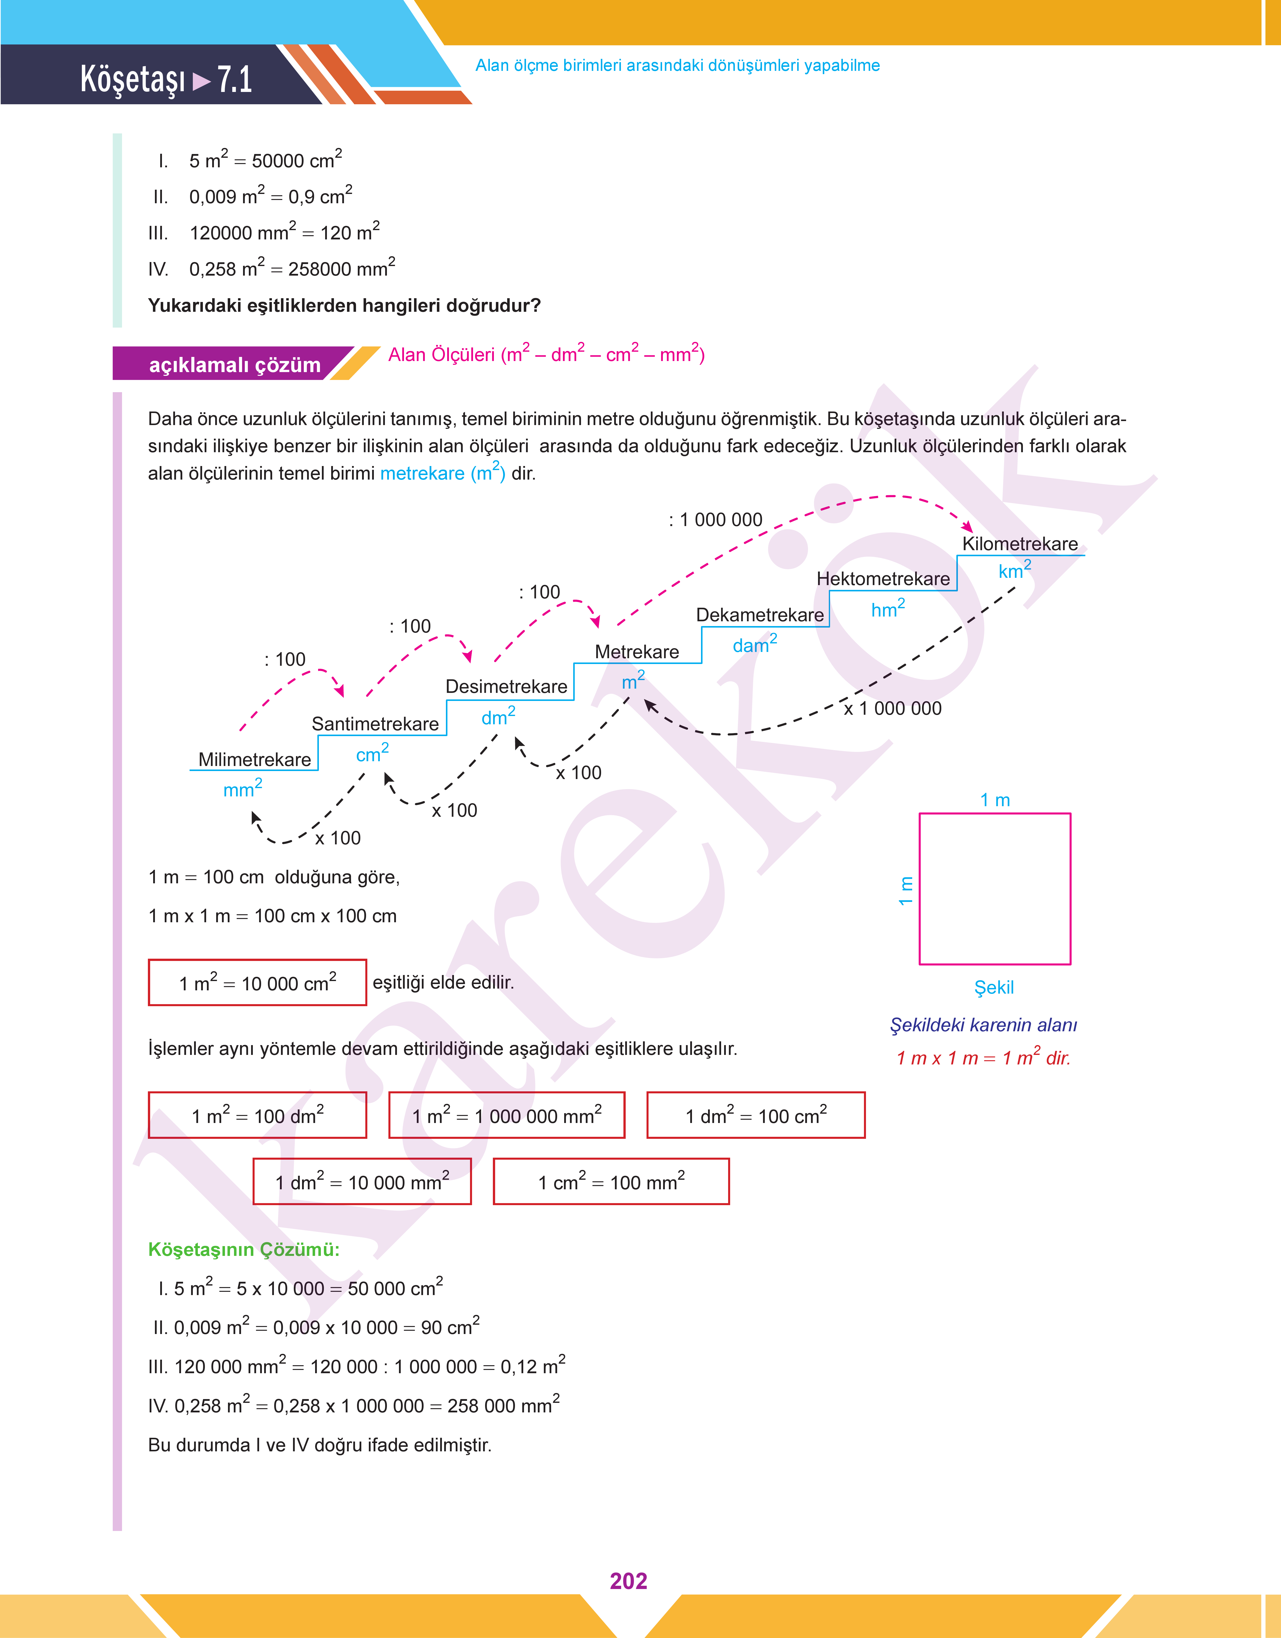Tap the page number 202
[x=628, y=1580]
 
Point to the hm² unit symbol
[x=888, y=608]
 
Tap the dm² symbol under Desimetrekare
[x=498, y=716]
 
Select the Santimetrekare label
[x=375, y=724]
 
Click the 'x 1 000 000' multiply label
[x=893, y=708]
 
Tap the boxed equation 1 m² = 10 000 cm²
[x=257, y=982]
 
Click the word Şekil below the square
[x=994, y=988]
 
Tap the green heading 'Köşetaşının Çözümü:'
[x=244, y=1249]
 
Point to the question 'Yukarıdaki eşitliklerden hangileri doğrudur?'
[x=344, y=305]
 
